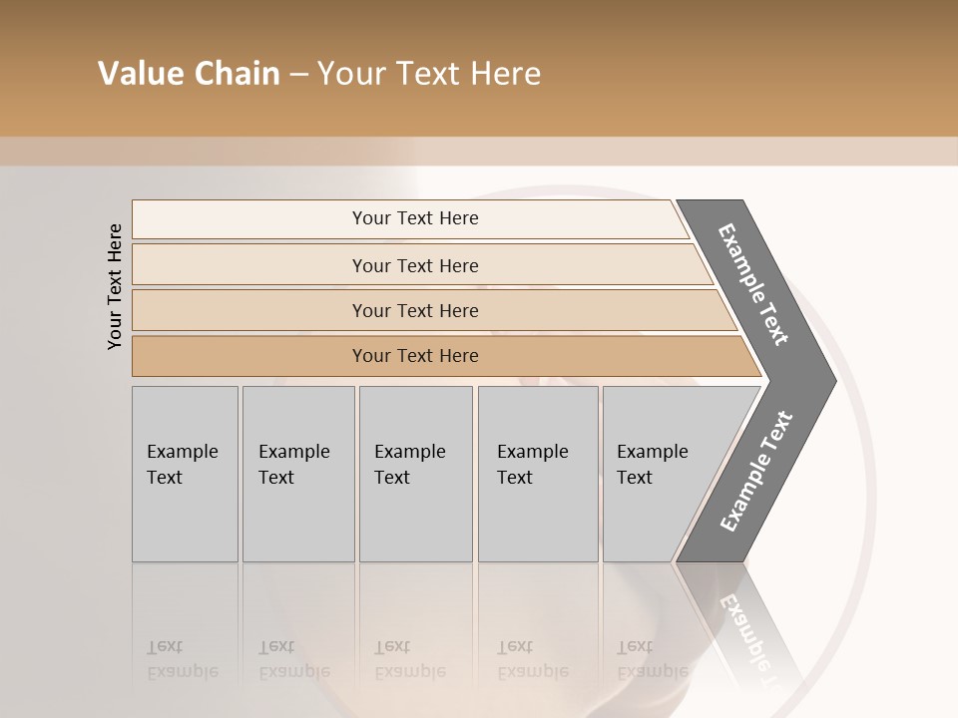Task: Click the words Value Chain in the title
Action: (x=189, y=74)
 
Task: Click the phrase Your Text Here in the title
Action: (x=429, y=74)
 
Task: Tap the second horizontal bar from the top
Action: (x=415, y=265)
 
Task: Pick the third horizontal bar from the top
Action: (x=415, y=310)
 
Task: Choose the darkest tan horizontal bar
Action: (x=415, y=356)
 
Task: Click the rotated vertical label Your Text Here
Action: (x=115, y=286)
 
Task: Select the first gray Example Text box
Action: (x=185, y=474)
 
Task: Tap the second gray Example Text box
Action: (x=297, y=474)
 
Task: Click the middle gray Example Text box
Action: (x=415, y=474)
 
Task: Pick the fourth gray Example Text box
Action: (x=537, y=474)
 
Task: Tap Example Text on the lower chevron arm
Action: (x=756, y=472)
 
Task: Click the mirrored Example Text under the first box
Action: (x=183, y=659)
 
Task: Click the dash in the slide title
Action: (x=298, y=75)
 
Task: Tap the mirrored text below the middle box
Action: (x=410, y=659)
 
